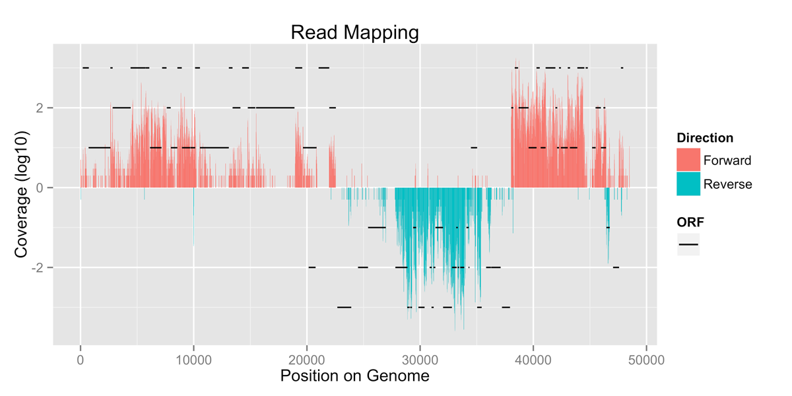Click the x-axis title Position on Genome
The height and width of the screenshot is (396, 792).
pyautogui.click(x=354, y=376)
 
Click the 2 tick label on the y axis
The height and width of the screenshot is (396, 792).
pyautogui.click(x=41, y=108)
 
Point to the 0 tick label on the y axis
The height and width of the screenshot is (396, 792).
pyautogui.click(x=41, y=188)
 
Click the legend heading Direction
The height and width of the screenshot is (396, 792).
pyautogui.click(x=705, y=139)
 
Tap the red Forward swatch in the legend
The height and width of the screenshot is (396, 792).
pyautogui.click(x=688, y=160)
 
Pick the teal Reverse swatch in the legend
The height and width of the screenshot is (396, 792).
pyautogui.click(x=688, y=184)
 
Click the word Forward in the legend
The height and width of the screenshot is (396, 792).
pyautogui.click(x=727, y=160)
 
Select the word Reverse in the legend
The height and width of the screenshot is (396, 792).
pyautogui.click(x=727, y=184)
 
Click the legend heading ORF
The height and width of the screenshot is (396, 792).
pyautogui.click(x=690, y=223)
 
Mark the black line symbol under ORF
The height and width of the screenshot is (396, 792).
pyautogui.click(x=688, y=245)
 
